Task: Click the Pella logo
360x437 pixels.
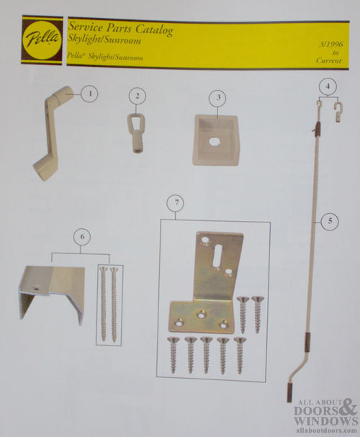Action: [x=41, y=40]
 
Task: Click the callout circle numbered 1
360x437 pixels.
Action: [x=89, y=93]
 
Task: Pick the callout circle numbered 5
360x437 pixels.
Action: [x=329, y=222]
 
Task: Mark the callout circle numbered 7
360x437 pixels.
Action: [x=175, y=204]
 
